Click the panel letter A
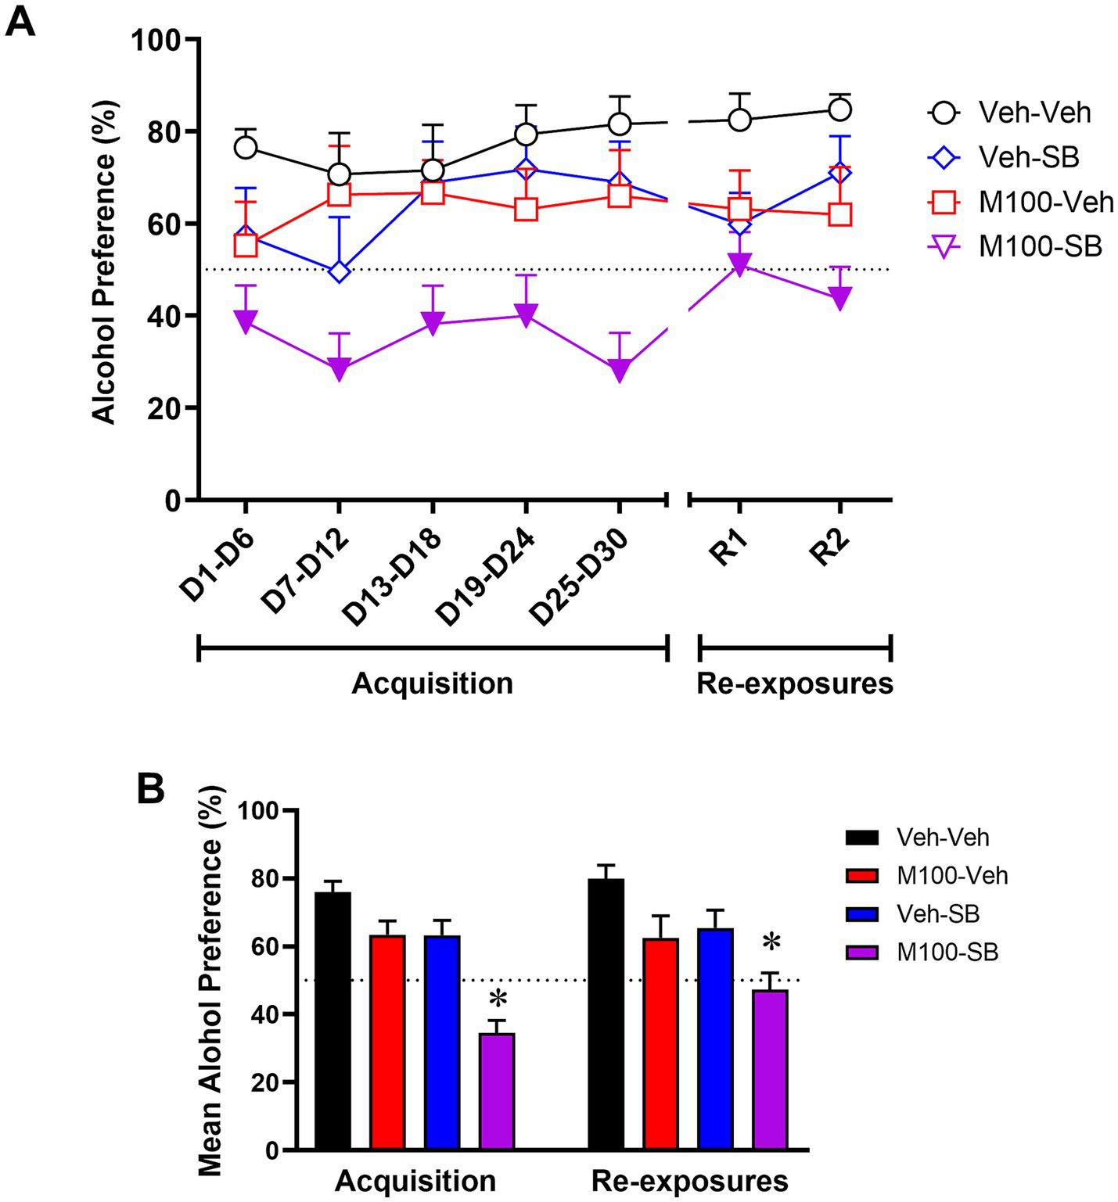pyautogui.click(x=20, y=21)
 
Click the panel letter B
pyautogui.click(x=151, y=789)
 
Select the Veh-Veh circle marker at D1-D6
pyautogui.click(x=246, y=148)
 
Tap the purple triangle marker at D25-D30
pyautogui.click(x=620, y=369)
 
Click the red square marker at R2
pyautogui.click(x=839, y=214)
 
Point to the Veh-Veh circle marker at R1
pyautogui.click(x=739, y=120)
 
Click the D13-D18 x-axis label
pyautogui.click(x=393, y=577)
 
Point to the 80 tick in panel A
pyautogui.click(x=166, y=131)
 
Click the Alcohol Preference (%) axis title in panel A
pyautogui.click(x=104, y=262)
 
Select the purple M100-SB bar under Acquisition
pyautogui.click(x=497, y=1091)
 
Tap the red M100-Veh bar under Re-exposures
pyautogui.click(x=661, y=1044)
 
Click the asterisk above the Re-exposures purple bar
pyautogui.click(x=771, y=943)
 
